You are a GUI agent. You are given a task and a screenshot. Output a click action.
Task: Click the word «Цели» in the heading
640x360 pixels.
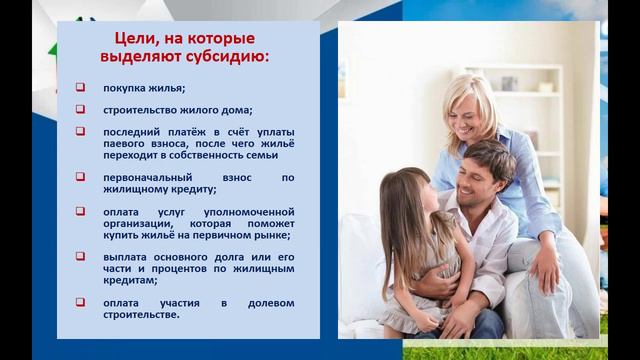coord(131,38)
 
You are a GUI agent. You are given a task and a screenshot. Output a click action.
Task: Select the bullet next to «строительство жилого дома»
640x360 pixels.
coord(80,109)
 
